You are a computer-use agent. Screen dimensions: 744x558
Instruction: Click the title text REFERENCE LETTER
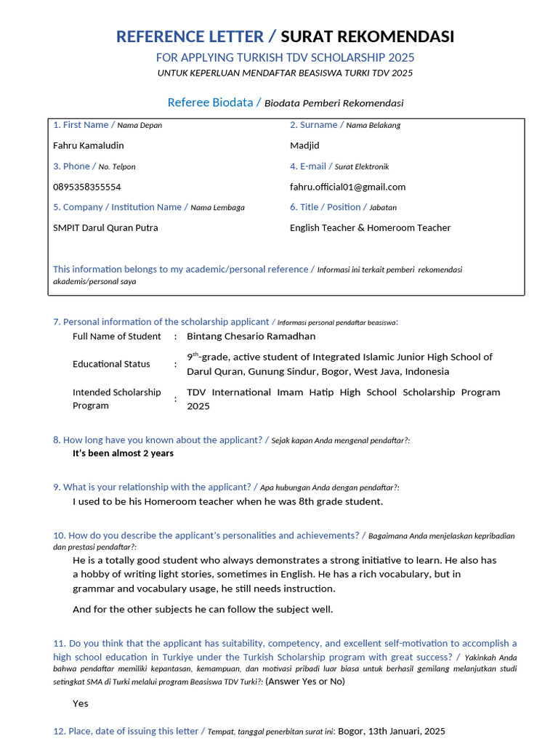[190, 36]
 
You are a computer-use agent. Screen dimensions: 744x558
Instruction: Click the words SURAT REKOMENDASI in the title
[367, 36]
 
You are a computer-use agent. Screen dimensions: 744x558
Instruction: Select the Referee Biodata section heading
[209, 102]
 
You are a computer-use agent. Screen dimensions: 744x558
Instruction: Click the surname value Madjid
[304, 145]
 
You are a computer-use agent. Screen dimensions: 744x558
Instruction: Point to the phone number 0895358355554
[87, 187]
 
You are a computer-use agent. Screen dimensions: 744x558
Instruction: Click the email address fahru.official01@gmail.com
[347, 187]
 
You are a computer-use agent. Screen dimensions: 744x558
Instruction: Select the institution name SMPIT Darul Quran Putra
[105, 227]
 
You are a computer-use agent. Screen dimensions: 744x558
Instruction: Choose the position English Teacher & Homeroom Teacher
[370, 227]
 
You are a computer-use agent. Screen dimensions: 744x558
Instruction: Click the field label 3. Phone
[71, 166]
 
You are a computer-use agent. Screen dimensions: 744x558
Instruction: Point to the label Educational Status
[111, 364]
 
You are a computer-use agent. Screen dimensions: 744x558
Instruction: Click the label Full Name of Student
[116, 336]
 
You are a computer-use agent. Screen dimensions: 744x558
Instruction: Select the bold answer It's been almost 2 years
[123, 453]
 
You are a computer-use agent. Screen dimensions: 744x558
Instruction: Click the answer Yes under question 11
[80, 703]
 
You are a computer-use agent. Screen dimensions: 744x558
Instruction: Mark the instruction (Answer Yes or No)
[305, 682]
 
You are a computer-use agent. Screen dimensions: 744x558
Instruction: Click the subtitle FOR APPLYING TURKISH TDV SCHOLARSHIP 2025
[285, 57]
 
